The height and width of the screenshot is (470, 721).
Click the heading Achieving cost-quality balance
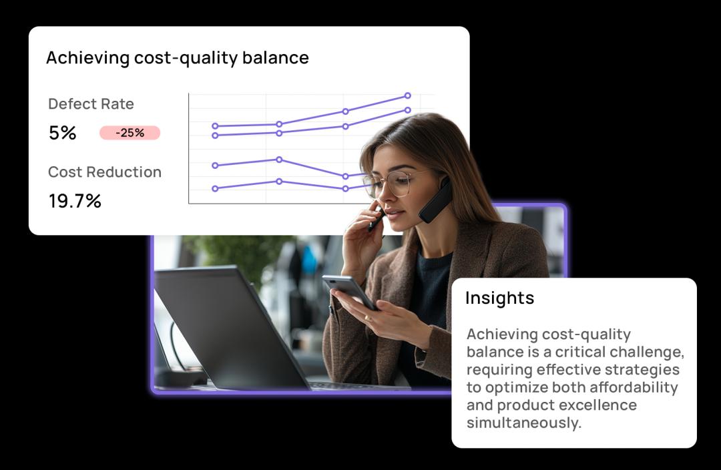(178, 58)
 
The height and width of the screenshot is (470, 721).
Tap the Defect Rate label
(91, 104)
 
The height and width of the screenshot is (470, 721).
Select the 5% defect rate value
(63, 133)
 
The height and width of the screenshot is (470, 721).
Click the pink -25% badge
(130, 133)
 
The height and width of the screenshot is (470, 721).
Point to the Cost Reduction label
(105, 172)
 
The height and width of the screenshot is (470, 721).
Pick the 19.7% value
(75, 201)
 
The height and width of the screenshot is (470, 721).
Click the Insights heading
(500, 298)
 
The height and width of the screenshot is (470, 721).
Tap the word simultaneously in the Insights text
(524, 423)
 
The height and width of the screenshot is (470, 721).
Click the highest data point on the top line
(407, 95)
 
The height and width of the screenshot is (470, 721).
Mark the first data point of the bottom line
(215, 188)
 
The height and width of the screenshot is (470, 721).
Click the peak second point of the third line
(279, 160)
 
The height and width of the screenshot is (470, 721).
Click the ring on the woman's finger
(367, 317)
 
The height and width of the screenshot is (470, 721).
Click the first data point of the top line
(215, 126)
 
